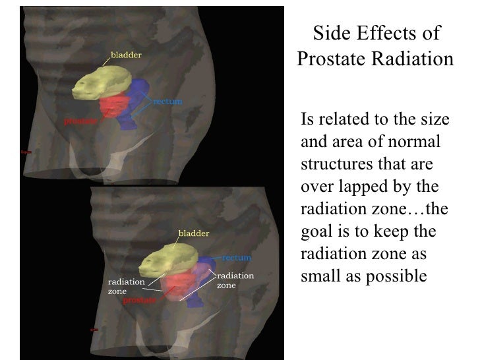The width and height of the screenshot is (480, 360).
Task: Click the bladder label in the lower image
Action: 194,233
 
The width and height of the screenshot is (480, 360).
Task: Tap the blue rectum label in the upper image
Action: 167,102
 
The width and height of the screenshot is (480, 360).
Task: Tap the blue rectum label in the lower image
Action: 236,258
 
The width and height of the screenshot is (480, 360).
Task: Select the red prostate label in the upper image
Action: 80,121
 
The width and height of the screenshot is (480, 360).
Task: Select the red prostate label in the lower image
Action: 140,300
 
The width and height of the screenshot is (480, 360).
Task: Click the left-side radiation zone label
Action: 126,285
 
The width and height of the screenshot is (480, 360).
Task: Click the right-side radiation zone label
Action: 235,280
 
